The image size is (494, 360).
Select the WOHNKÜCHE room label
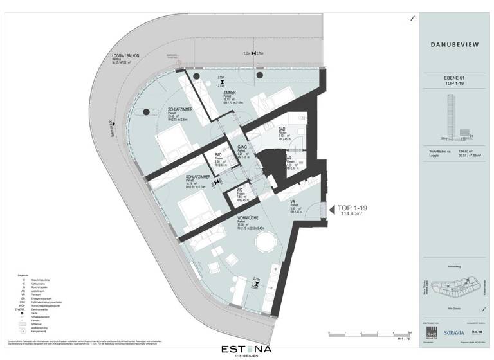tap(247, 219)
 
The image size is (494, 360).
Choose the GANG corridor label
tap(242, 147)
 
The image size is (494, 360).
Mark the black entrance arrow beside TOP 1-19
tap(326, 209)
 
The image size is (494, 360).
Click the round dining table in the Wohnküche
tap(264, 242)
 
